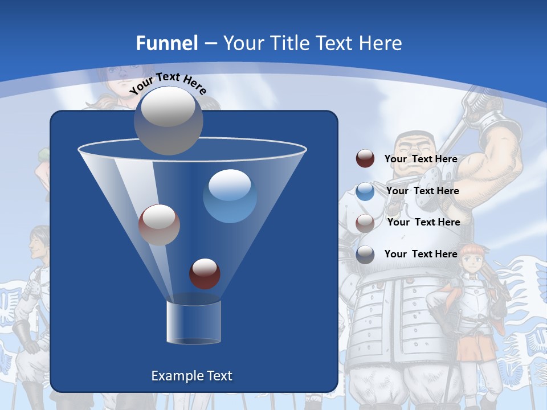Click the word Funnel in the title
167,43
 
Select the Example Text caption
192,376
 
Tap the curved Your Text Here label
168,83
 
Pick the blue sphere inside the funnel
230,196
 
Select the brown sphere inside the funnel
159,224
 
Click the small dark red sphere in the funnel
205,273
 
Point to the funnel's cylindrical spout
194,322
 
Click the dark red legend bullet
365,159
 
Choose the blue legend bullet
365,191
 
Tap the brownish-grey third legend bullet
365,223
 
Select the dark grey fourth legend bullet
365,255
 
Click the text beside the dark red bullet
421,159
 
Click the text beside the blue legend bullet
422,191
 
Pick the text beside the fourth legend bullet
421,254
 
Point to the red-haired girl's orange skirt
475,347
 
